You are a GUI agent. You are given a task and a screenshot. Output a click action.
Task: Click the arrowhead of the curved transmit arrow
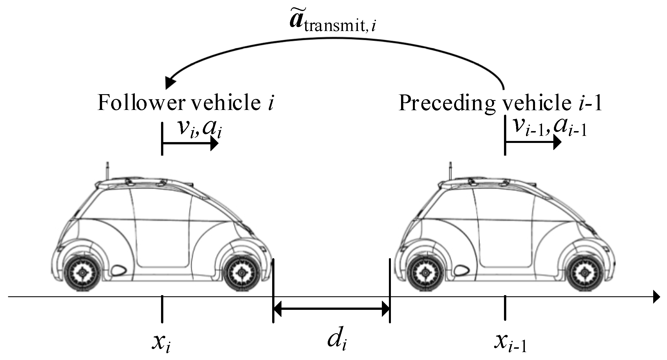coord(170,82)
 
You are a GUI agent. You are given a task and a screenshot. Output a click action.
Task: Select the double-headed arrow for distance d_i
coord(331,309)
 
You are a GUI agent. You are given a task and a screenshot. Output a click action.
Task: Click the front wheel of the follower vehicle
coord(241,273)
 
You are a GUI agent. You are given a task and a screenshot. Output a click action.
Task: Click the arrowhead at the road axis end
coord(656,297)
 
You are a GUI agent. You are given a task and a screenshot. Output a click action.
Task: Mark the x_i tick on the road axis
coord(162,309)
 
